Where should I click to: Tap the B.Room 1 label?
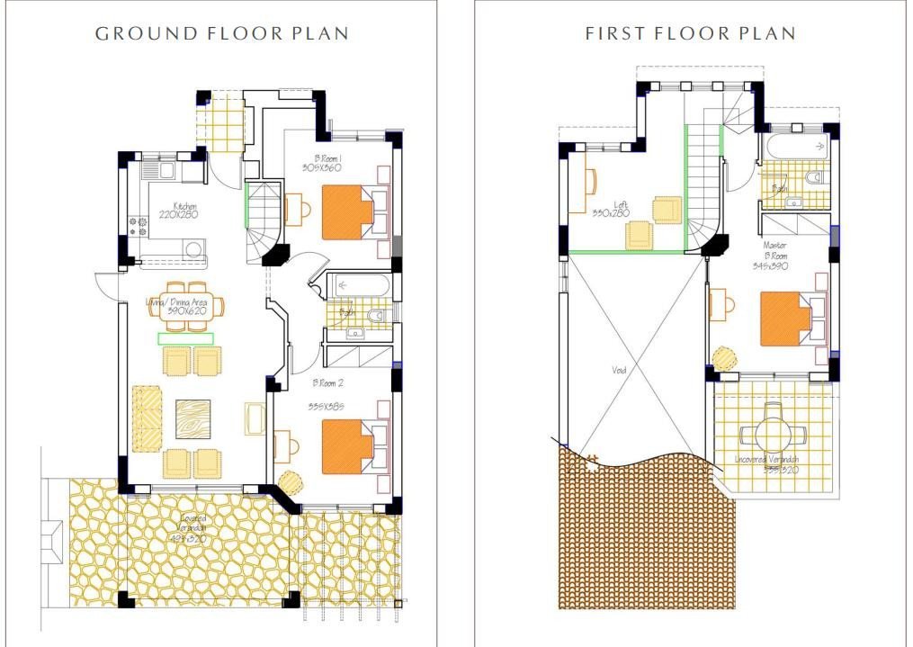click(321, 163)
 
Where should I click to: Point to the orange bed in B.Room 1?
click(347, 213)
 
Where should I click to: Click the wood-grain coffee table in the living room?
click(192, 418)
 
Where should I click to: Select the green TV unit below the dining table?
click(186, 338)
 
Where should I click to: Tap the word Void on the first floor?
click(619, 370)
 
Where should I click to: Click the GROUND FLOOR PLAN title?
click(222, 34)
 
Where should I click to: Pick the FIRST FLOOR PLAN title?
click(690, 34)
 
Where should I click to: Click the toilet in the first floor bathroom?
click(817, 177)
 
